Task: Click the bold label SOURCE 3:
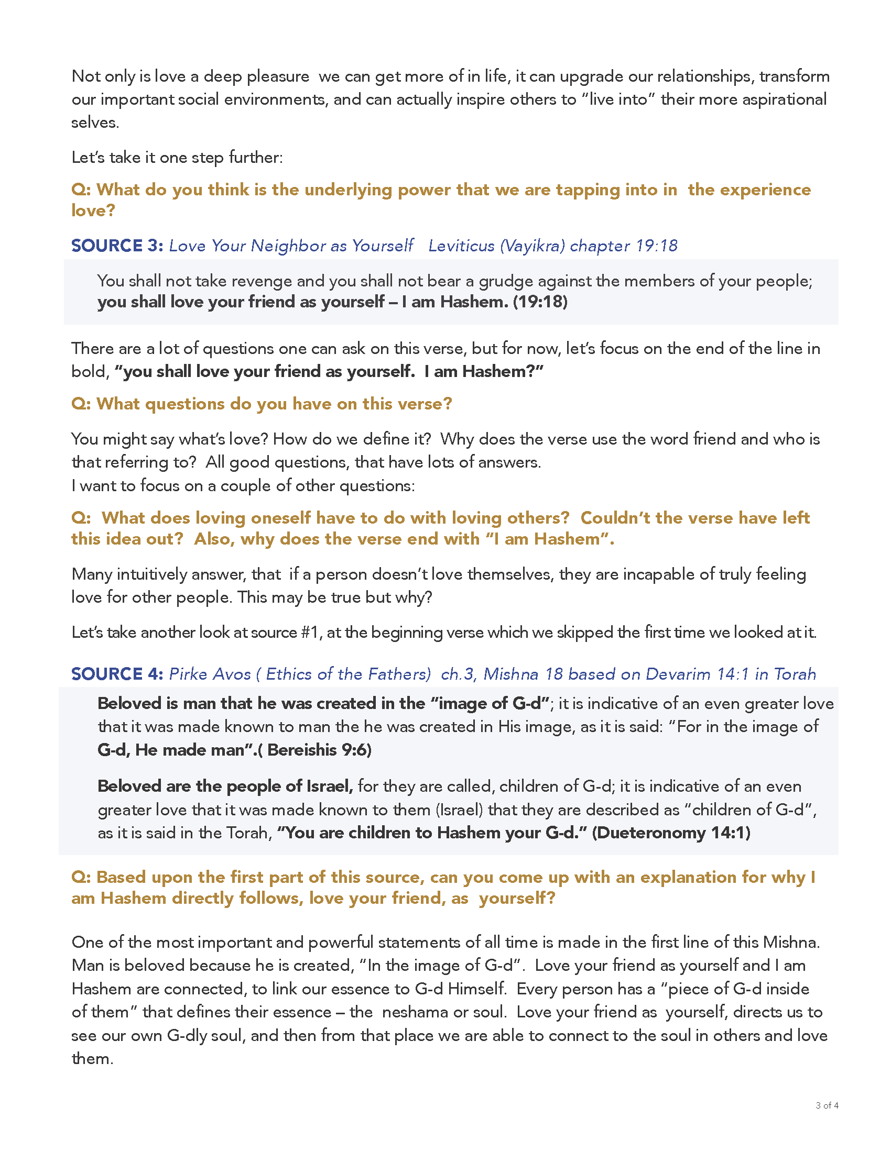click(117, 246)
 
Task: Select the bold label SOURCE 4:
click(117, 674)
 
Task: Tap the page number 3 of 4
click(827, 1105)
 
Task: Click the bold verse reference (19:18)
click(540, 302)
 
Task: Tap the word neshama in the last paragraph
click(412, 1012)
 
